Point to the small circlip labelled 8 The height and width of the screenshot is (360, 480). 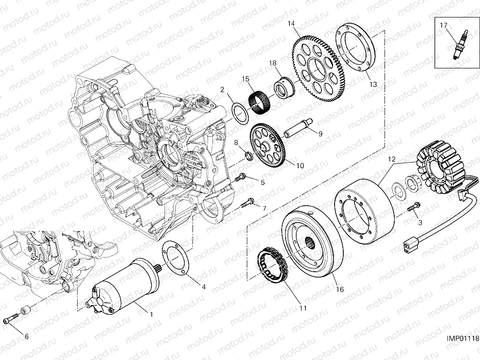click(x=248, y=155)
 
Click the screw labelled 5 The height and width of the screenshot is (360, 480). click(x=240, y=178)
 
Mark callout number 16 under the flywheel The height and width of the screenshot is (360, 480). click(x=339, y=290)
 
